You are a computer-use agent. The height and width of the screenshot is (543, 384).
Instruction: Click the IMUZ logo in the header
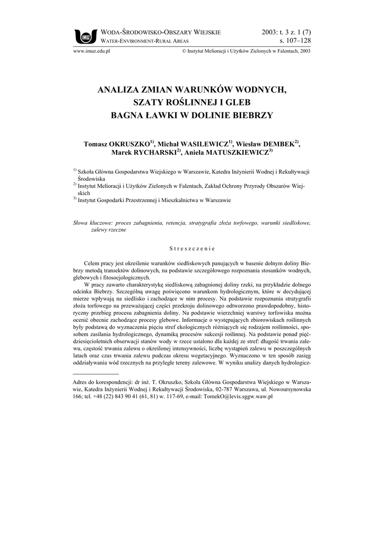pyautogui.click(x=85, y=36)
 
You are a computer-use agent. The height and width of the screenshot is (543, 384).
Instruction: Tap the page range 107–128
pyautogui.click(x=295, y=40)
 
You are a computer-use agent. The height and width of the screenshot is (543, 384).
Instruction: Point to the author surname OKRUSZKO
pyautogui.click(x=130, y=144)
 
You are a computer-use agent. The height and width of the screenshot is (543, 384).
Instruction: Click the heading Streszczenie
pyautogui.click(x=191, y=248)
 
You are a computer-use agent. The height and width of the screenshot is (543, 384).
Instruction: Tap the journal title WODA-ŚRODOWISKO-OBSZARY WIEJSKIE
pyautogui.click(x=160, y=33)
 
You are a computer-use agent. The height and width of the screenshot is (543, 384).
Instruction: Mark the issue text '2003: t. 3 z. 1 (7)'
pyautogui.click(x=286, y=32)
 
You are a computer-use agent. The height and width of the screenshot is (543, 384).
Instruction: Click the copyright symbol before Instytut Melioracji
pyautogui.click(x=184, y=51)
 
